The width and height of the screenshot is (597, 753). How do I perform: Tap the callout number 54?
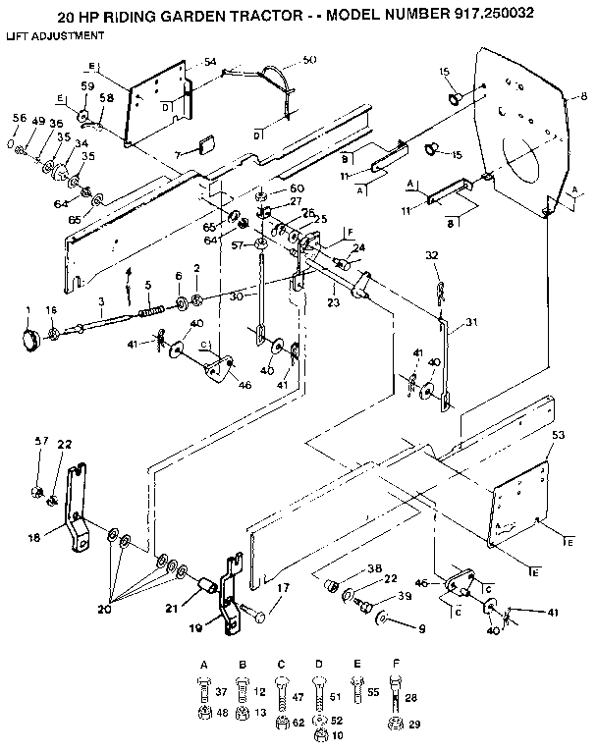coord(210,62)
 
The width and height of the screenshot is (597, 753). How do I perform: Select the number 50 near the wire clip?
coord(310,61)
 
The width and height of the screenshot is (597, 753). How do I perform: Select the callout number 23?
coord(333,304)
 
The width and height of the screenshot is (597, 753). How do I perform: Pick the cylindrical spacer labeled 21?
coord(207,586)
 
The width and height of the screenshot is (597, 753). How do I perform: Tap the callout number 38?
coord(374,568)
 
